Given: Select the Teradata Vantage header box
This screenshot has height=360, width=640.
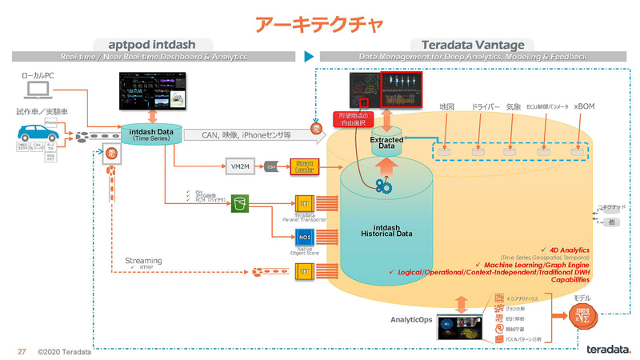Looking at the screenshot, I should pos(467,45).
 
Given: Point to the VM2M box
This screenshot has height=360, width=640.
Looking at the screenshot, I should pos(236,166).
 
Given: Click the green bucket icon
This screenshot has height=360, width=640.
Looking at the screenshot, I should pos(239,204).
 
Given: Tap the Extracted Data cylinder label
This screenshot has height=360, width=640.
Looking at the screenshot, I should pos(386,143).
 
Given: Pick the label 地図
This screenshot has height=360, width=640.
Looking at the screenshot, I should pos(446,106).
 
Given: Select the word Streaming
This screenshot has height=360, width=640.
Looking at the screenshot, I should pos(143,261).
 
